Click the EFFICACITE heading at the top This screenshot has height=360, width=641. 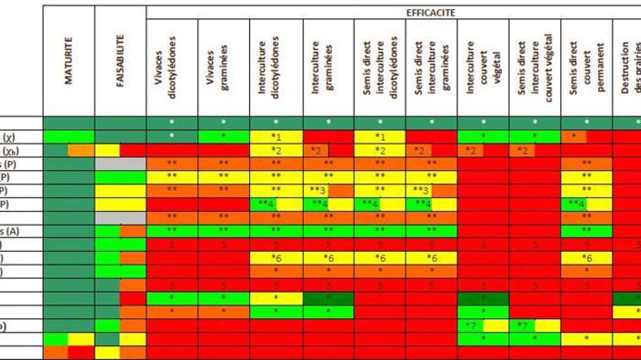(430, 12)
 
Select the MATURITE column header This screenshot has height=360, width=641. (69, 61)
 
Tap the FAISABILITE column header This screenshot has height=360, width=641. (121, 61)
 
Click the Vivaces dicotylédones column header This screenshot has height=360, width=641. (172, 67)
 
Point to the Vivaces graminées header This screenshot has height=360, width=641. (224, 67)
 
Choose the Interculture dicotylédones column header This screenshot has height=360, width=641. (276, 67)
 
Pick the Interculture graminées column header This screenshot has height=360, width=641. (328, 67)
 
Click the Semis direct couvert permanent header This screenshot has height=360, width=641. (587, 67)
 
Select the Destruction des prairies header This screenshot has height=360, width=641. (628, 67)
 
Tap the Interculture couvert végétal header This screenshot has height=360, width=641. (483, 67)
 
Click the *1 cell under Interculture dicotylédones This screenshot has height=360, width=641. (276, 136)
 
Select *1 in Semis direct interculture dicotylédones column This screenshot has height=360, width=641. (379, 136)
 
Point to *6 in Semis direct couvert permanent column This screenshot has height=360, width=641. (587, 258)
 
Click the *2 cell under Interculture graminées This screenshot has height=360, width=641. (316, 151)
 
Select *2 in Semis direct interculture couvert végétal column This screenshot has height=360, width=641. (522, 151)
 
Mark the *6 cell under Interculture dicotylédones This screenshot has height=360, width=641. (276, 258)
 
